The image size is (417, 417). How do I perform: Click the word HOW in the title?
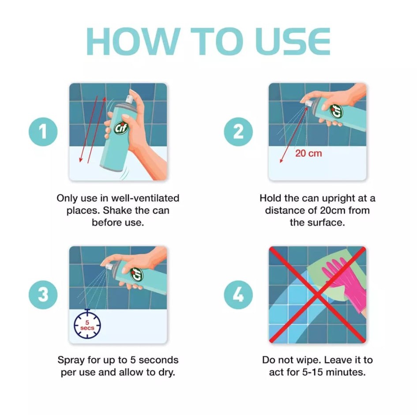130,41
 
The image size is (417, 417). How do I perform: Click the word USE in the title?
293,41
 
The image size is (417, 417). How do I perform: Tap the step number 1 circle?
43,131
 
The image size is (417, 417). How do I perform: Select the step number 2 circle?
238,131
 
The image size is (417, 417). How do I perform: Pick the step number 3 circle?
43,295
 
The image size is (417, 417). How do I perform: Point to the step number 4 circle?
238,295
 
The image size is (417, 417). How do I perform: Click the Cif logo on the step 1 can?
121,128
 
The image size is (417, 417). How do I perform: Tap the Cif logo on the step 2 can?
337,112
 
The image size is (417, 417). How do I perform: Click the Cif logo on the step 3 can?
137,274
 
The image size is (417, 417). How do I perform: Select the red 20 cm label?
308,154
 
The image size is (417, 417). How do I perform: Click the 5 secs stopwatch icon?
87,324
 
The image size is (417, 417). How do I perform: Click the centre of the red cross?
318,295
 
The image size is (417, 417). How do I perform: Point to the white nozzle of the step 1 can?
130,99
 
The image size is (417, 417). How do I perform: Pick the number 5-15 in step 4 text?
313,372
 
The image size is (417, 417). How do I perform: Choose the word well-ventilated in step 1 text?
145,198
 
